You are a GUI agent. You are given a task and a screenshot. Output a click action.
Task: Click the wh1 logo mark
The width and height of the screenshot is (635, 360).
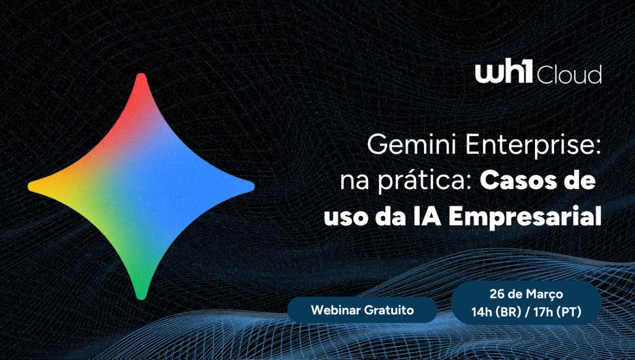(504, 70)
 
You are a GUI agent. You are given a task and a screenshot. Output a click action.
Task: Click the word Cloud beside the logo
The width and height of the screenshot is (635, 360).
(569, 75)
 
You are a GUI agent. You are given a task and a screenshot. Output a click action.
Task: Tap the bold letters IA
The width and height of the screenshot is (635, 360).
(427, 216)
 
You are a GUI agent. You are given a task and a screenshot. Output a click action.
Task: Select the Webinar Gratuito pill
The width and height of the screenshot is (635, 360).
(362, 310)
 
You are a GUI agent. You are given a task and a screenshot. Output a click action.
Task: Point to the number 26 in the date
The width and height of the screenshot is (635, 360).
(497, 294)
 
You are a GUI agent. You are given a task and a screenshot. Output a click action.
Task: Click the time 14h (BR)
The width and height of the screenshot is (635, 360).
(496, 312)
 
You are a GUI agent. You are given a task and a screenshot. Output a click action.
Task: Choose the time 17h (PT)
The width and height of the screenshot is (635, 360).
(557, 312)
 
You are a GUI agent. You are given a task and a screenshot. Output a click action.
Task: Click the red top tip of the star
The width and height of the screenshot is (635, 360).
(141, 75)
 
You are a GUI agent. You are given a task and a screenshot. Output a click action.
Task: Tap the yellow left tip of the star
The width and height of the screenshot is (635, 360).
(30, 186)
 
